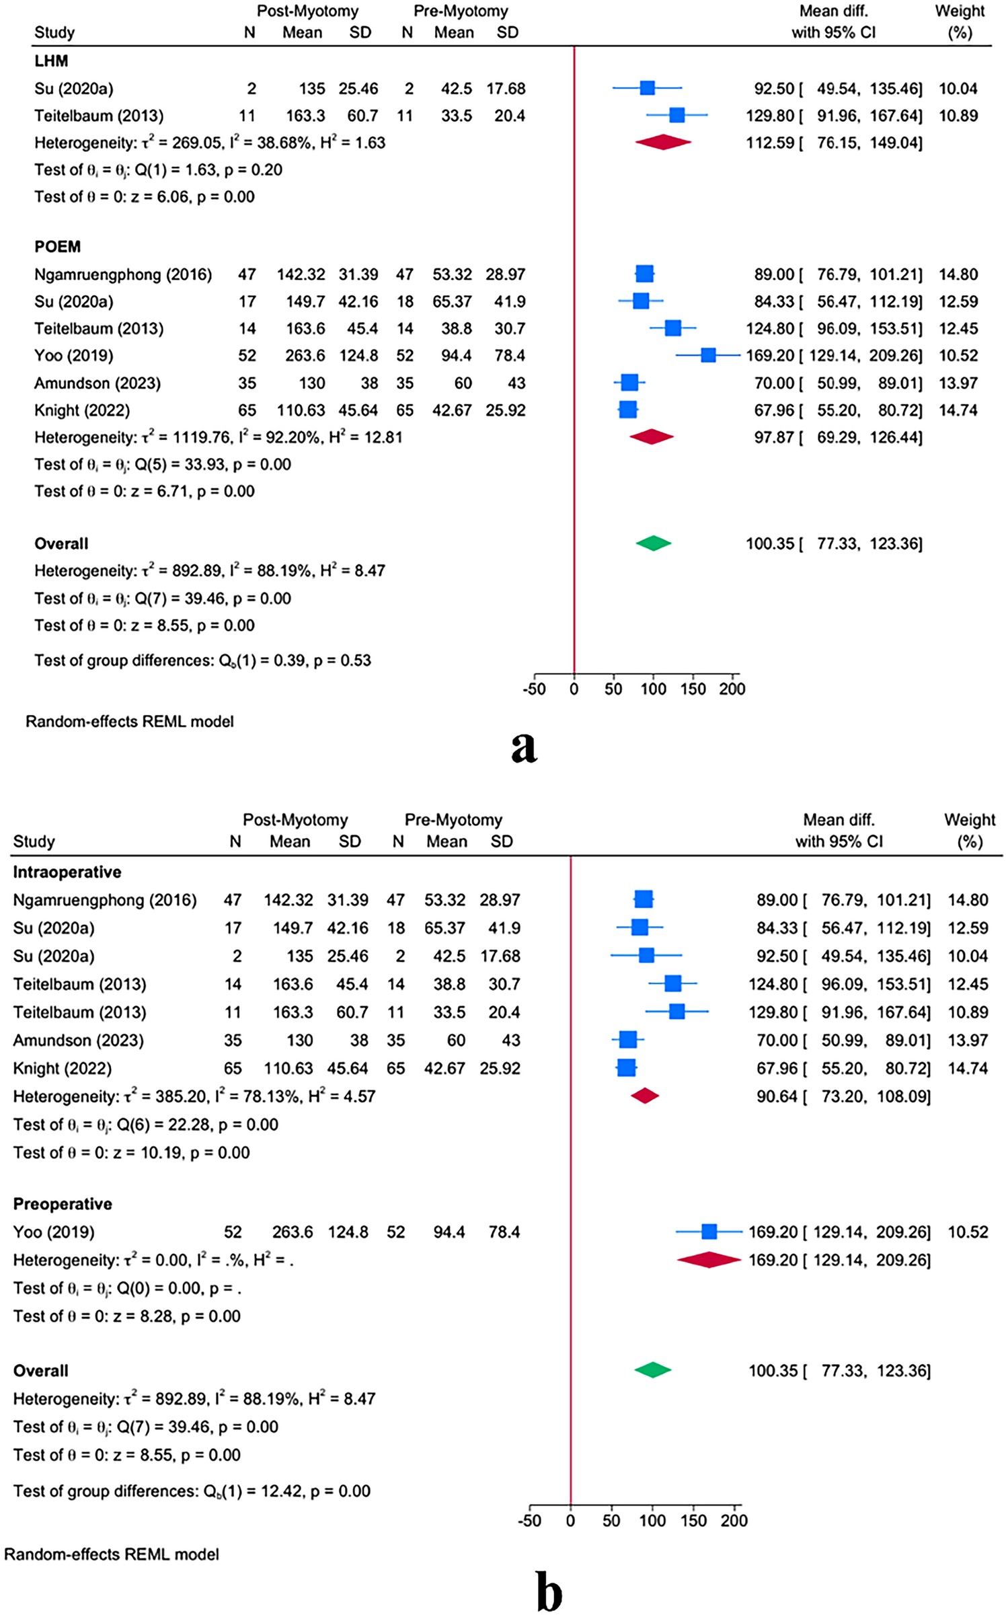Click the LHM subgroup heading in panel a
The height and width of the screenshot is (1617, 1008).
[x=51, y=61]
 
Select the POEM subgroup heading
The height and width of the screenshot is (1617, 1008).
[x=57, y=247]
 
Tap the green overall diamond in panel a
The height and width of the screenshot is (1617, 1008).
[x=653, y=543]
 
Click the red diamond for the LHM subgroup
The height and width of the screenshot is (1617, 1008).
[x=663, y=142]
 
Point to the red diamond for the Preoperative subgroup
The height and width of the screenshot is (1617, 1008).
[x=709, y=1260]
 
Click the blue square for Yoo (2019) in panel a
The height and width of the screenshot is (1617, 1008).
[x=708, y=355]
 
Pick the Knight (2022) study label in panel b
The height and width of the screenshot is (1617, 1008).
[x=63, y=1068]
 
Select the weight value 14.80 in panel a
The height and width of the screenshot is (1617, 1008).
[x=958, y=274]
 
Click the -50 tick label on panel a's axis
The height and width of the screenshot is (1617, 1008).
[x=534, y=689]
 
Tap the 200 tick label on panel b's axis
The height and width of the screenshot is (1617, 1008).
[x=734, y=1521]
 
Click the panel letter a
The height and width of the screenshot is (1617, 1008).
[x=524, y=747]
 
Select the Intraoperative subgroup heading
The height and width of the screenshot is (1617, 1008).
[x=67, y=872]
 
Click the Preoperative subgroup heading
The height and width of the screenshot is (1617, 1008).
[x=63, y=1204]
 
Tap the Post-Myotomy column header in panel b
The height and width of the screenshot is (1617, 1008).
[x=295, y=820]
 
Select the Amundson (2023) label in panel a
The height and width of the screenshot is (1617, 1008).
[x=98, y=383]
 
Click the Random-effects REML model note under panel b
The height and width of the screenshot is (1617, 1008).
[x=112, y=1554]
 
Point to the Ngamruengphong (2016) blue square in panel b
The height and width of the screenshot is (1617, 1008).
[x=644, y=899]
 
